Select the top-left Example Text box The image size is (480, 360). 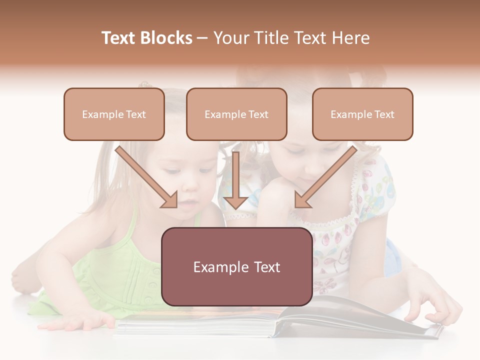tap(114, 114)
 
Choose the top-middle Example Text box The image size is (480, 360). tap(236, 114)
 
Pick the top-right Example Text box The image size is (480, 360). tap(362, 114)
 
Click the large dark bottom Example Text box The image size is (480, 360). tap(236, 266)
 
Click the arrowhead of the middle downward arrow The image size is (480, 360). tap(236, 202)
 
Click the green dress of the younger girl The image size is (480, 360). tap(115, 270)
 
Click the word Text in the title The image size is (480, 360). tap(120, 38)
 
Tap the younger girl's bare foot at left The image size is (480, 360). tap(22, 280)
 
